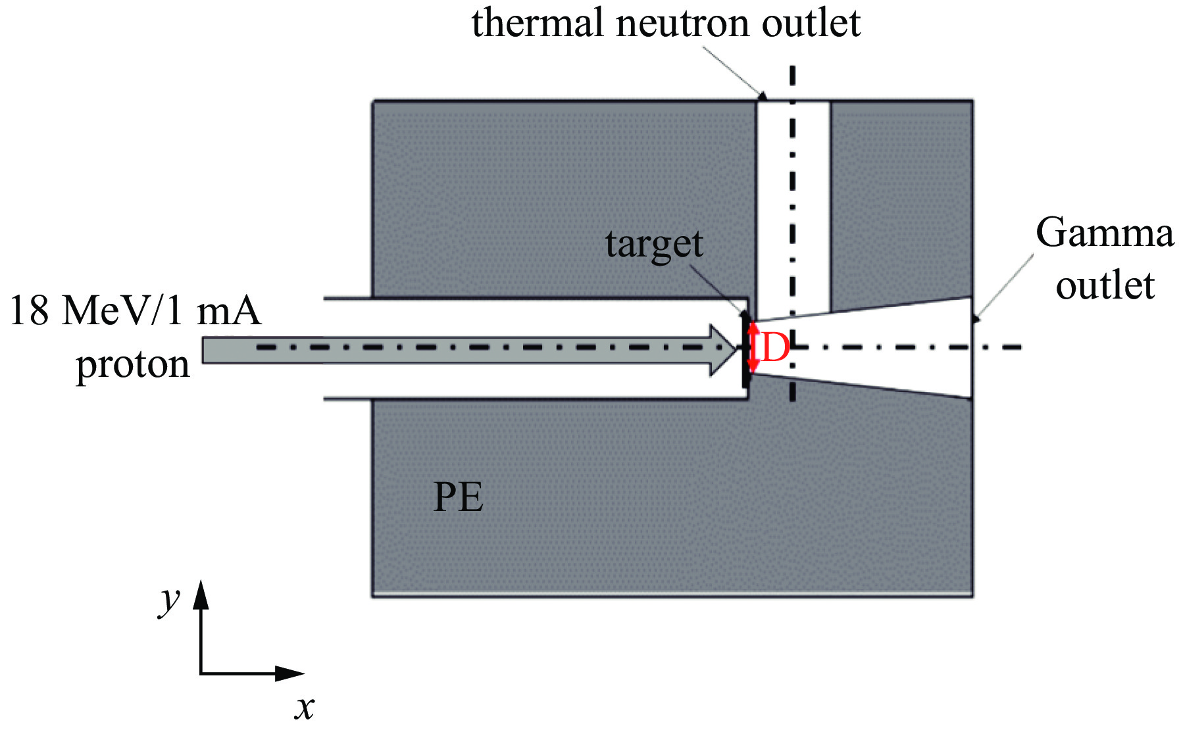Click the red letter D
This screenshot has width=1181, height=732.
[x=775, y=347]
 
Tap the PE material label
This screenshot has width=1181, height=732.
[x=459, y=497]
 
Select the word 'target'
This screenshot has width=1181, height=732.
[x=654, y=245]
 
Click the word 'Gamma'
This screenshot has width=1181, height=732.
[x=1105, y=233]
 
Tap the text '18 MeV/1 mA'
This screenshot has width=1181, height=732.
[x=135, y=310]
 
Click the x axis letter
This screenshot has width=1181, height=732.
[x=305, y=708]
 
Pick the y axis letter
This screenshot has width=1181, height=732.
[x=170, y=600]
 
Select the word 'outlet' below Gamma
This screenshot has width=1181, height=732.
[x=1105, y=286]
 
